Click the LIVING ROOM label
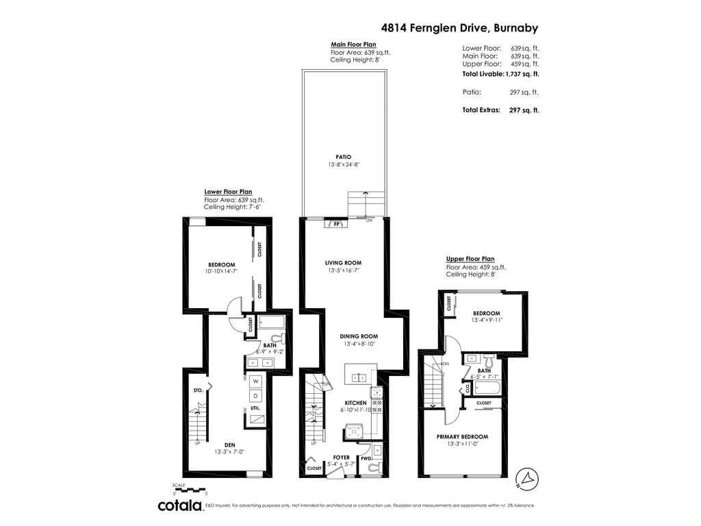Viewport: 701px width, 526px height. pyautogui.click(x=343, y=263)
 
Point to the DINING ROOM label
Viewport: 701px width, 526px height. pyautogui.click(x=359, y=336)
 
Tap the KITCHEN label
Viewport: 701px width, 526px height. pyautogui.click(x=355, y=403)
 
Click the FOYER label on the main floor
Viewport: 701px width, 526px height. pyautogui.click(x=341, y=457)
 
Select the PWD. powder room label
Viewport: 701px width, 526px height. pyautogui.click(x=366, y=458)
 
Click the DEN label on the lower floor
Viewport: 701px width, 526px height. pyautogui.click(x=225, y=444)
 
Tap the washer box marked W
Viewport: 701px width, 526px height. pyautogui.click(x=255, y=381)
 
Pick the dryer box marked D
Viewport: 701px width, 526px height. pyautogui.click(x=255, y=396)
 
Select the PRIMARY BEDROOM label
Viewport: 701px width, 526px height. pyautogui.click(x=462, y=436)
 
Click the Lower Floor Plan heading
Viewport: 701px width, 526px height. pyautogui.click(x=228, y=192)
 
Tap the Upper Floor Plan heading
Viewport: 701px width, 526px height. pyautogui.click(x=470, y=259)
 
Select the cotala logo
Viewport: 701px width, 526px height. pyautogui.click(x=181, y=505)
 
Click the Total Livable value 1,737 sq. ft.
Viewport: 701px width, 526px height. pyautogui.click(x=522, y=73)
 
